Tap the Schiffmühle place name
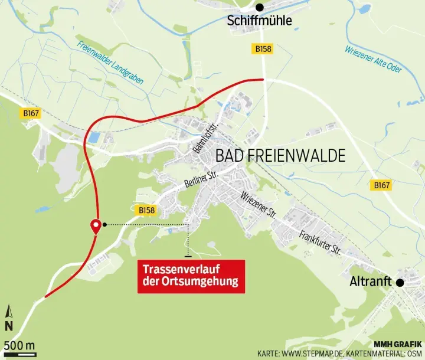click(259, 22)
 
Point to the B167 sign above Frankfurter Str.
click(381, 185)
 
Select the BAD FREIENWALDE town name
click(280, 156)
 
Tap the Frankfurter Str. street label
click(320, 242)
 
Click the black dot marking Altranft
click(400, 283)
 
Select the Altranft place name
click(371, 282)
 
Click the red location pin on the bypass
click(94, 226)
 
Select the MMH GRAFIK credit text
click(398, 343)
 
